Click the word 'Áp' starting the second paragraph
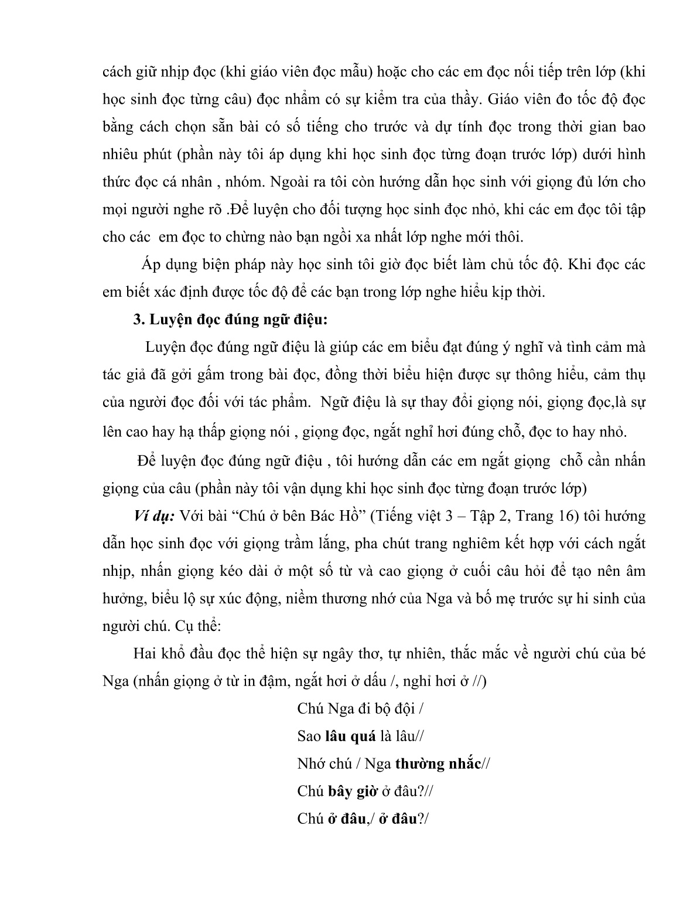(149, 264)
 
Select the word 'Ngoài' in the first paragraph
(289, 182)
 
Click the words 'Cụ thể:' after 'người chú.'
(199, 626)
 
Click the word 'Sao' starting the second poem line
(309, 736)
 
